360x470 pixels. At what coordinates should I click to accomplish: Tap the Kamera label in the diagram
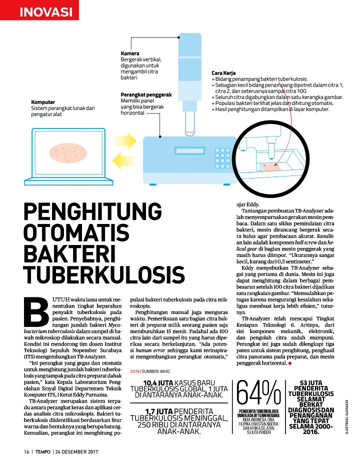tap(130, 53)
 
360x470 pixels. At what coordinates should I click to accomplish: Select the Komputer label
tap(43, 102)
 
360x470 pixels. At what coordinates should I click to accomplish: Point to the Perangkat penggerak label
tap(146, 94)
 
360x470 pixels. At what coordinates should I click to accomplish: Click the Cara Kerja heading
tap(223, 73)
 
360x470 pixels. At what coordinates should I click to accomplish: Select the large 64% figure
tap(258, 394)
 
